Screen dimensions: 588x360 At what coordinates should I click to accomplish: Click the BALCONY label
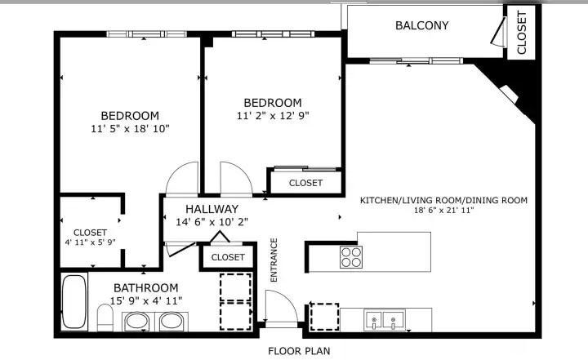click(x=422, y=25)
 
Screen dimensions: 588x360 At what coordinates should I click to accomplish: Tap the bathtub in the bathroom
click(x=73, y=302)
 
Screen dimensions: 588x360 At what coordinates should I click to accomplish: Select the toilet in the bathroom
click(x=105, y=318)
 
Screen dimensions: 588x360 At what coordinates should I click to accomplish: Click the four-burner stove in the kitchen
click(x=351, y=257)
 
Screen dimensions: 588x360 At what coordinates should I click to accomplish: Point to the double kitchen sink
click(x=385, y=319)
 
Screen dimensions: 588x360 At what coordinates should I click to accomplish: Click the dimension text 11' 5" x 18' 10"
click(x=130, y=129)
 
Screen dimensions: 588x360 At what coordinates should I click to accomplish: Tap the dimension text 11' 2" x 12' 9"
click(x=273, y=115)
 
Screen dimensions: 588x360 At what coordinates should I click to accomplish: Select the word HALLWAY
click(x=212, y=209)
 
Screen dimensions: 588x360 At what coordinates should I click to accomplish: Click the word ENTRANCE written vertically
click(x=274, y=260)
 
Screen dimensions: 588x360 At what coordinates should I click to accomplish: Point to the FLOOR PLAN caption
click(x=299, y=351)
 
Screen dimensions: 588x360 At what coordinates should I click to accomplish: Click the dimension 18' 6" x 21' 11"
click(x=443, y=210)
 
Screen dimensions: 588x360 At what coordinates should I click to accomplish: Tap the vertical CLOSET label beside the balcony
click(x=521, y=33)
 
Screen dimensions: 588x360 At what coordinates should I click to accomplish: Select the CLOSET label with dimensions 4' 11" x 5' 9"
click(x=90, y=233)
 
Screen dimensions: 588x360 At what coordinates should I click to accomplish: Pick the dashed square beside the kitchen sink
click(x=324, y=317)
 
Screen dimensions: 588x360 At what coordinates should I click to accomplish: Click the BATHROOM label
click(x=146, y=288)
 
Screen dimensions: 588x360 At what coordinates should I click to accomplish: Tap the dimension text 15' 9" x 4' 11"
click(x=146, y=300)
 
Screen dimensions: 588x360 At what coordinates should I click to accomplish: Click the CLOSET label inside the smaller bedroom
click(x=305, y=183)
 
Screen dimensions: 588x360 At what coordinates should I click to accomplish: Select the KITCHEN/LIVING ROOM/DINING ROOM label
click(x=443, y=200)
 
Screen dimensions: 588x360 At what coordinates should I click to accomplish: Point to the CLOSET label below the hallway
click(x=228, y=257)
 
